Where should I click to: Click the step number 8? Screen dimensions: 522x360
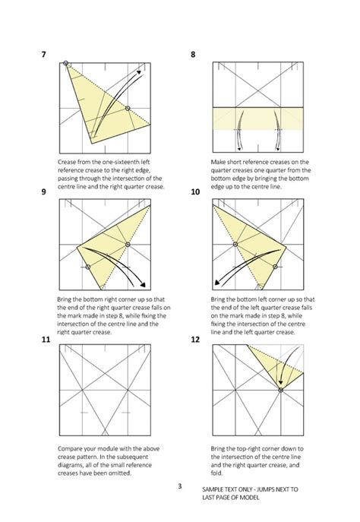(x=194, y=55)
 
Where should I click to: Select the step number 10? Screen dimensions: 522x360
(x=196, y=193)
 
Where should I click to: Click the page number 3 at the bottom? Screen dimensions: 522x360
(x=179, y=486)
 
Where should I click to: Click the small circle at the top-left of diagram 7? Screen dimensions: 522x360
(x=67, y=63)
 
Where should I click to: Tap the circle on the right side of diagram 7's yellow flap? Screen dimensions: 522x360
(x=127, y=108)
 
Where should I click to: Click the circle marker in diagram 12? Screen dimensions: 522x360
(x=280, y=390)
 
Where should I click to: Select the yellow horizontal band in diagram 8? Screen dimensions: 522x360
(x=258, y=118)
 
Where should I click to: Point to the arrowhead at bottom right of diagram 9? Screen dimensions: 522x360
(x=142, y=286)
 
